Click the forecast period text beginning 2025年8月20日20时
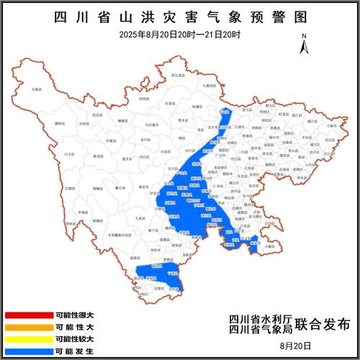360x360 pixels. point(180,35)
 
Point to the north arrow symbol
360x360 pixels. point(305,44)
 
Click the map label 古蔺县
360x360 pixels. point(269,246)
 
